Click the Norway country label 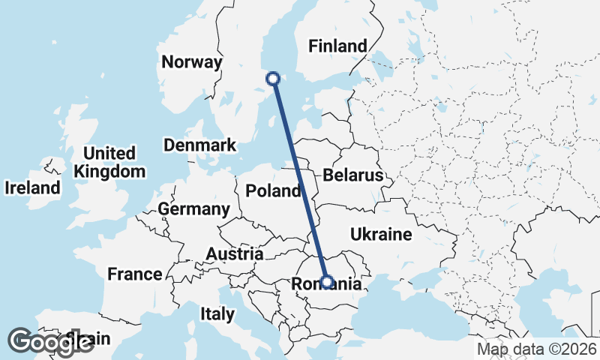pos(193,62)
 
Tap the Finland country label pos(338,46)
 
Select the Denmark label pos(199,145)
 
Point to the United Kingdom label pos(109,162)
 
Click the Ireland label pos(32,187)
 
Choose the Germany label pos(194,208)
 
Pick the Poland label pos(274,190)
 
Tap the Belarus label pos(353,175)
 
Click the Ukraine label pos(381,234)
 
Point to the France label pos(135,274)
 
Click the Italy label pos(217,313)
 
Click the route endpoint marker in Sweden pos(274,78)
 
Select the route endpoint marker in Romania pos(327,282)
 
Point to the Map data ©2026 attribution pos(537,349)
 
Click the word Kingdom pos(109,171)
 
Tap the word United pos(109,154)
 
